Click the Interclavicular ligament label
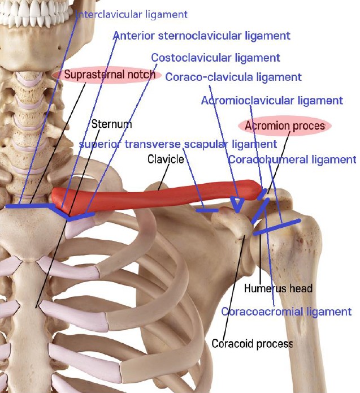pyautogui.click(x=131, y=14)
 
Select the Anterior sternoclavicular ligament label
pyautogui.click(x=201, y=36)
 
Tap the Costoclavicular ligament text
pyautogui.click(x=215, y=58)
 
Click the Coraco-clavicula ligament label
pyautogui.click(x=233, y=77)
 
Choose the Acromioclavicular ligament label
pyautogui.click(x=272, y=101)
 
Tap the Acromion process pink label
pyautogui.click(x=285, y=126)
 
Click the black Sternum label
pyautogui.click(x=111, y=124)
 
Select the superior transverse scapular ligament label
pyautogui.click(x=178, y=144)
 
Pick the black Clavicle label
pyautogui.click(x=166, y=159)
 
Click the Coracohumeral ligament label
pyautogui.click(x=292, y=159)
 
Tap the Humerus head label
pyautogui.click(x=278, y=288)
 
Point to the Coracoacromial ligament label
pyautogui.click(x=287, y=312)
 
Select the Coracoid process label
pyautogui.click(x=252, y=343)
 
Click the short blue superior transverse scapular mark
pyautogui.click(x=207, y=210)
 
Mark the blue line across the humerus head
pyautogui.click(x=277, y=227)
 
